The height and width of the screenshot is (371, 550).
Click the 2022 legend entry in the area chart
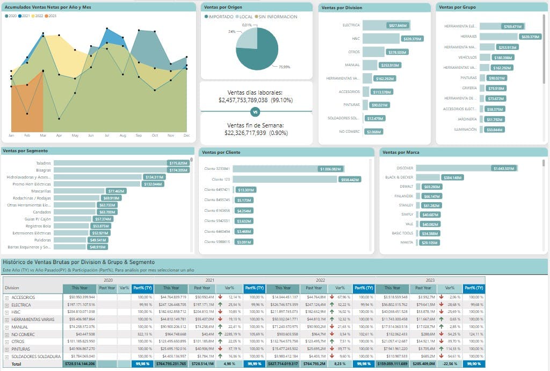click(38, 16)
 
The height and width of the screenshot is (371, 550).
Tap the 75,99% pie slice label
click(284, 67)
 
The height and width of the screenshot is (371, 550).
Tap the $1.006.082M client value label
click(331, 169)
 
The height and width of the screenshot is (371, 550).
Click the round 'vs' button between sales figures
click(255, 112)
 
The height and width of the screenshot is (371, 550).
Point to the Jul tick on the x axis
click(107, 135)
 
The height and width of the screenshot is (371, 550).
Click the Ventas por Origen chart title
click(223, 7)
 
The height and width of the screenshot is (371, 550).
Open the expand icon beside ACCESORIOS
click(7, 297)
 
